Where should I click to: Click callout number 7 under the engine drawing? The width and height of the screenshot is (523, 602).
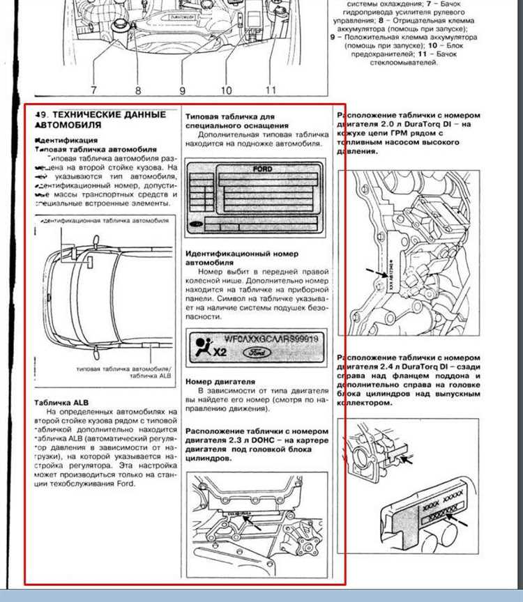tap(93, 90)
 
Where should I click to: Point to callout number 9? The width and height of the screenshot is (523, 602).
tap(181, 90)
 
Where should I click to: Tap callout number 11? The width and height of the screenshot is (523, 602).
tap(271, 90)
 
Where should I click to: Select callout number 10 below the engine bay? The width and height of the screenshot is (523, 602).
tap(227, 90)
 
